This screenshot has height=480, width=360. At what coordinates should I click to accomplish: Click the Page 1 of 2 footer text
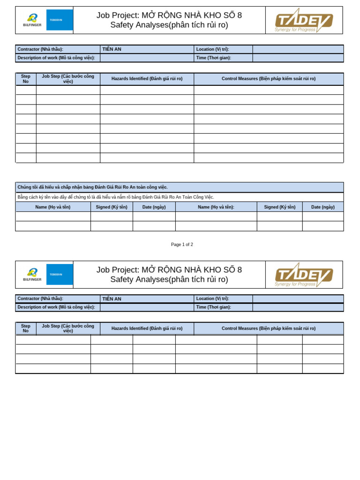[182, 245]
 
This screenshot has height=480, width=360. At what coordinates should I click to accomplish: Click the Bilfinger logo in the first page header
[32, 20]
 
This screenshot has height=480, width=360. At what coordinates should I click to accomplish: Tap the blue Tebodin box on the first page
[60, 20]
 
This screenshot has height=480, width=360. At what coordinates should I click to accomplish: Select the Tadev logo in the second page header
[304, 275]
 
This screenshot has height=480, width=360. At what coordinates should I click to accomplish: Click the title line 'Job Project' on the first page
[169, 15]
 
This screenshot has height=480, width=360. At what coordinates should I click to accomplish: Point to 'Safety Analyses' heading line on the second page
[169, 280]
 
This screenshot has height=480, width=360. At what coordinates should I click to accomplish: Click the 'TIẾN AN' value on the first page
[112, 49]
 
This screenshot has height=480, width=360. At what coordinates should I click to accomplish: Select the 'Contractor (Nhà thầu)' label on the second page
[40, 299]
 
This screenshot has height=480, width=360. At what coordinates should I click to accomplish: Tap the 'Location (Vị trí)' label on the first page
[212, 49]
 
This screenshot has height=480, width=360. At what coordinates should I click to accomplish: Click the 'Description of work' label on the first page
[56, 58]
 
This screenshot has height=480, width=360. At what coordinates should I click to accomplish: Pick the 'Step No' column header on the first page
[26, 79]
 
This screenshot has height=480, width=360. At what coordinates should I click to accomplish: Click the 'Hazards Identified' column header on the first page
[147, 79]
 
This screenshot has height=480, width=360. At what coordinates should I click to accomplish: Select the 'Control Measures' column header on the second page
[269, 329]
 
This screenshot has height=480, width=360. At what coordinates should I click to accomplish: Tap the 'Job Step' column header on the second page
[68, 328]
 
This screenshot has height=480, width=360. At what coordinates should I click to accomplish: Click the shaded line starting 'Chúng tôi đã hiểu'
[93, 187]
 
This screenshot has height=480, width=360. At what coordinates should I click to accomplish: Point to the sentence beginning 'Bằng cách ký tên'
[116, 197]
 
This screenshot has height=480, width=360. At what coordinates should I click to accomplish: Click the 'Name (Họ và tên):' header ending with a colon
[216, 207]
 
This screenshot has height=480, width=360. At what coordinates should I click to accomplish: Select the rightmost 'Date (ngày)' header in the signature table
[322, 207]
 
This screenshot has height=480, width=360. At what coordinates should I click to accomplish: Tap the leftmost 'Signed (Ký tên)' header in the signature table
[112, 207]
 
